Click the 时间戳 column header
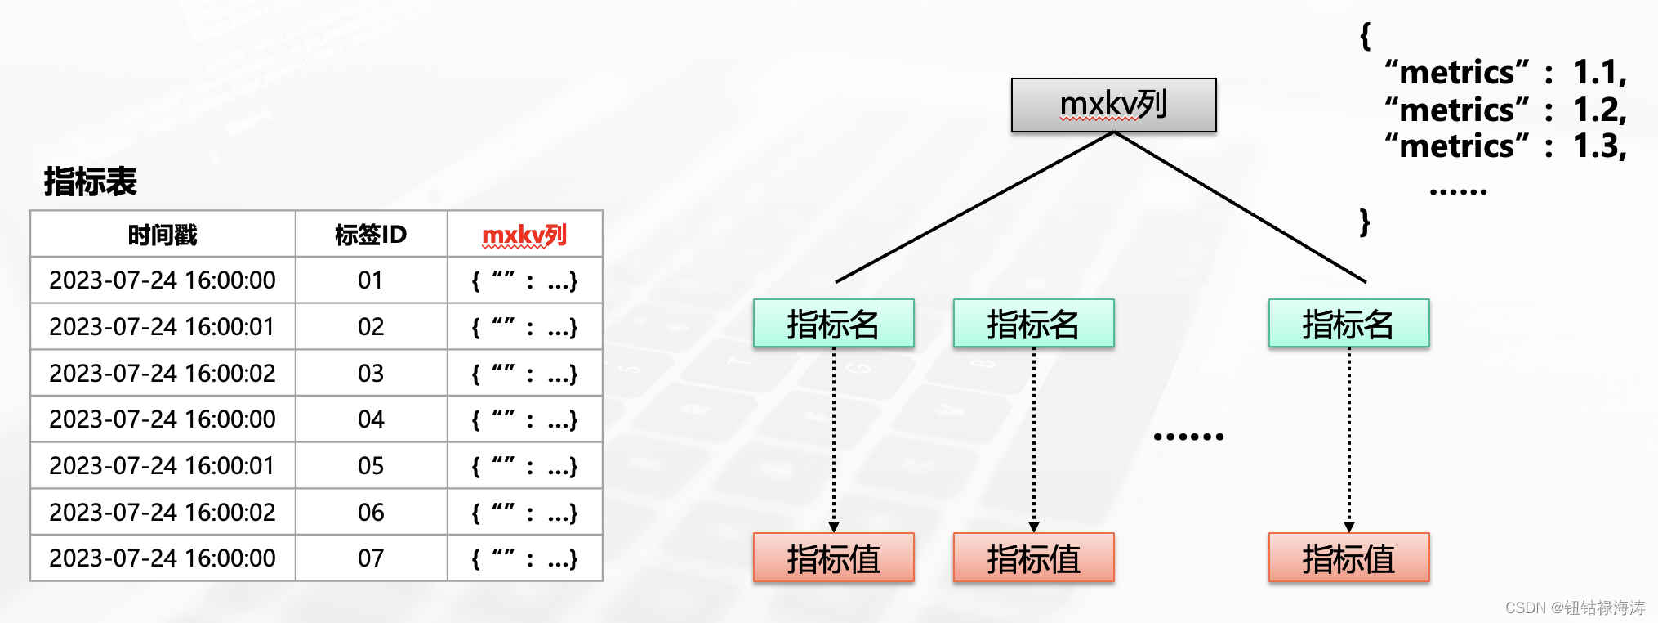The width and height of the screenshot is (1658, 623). pos(163,235)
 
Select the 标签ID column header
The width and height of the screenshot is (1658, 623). pos(371,235)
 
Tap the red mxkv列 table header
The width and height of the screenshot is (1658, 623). pos(524,235)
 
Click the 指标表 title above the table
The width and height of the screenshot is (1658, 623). pos(90,182)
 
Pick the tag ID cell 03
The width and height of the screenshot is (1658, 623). pos(371,374)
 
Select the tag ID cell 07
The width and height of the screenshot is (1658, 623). pos(371,558)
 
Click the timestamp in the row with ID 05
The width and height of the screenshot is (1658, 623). pos(163,466)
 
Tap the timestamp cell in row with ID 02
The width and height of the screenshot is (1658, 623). pos(163,327)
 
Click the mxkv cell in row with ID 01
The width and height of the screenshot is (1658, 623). pos(524,281)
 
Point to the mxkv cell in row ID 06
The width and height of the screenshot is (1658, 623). pos(524,513)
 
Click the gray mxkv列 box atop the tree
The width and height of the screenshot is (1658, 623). pos(1113,105)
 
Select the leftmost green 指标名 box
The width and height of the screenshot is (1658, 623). pos(833,324)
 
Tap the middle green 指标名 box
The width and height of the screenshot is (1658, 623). pos(1033,324)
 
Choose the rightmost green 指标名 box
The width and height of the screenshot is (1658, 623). pos(1348,324)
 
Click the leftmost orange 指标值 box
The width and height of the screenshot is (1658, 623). pos(833,558)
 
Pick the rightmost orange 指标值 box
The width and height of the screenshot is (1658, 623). pos(1348,558)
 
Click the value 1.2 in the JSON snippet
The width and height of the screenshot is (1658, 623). pos(1598,110)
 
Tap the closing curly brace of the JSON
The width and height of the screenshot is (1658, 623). pos(1364,222)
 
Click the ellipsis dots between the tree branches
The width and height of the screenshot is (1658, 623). pos(1188,437)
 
